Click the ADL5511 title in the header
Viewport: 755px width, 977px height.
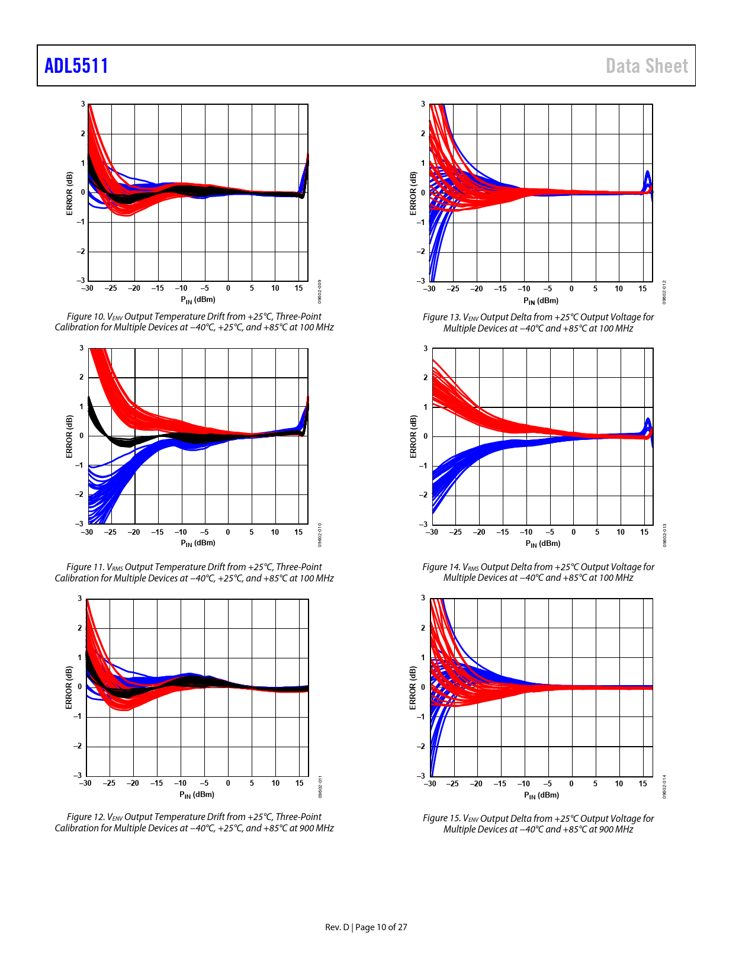(76, 66)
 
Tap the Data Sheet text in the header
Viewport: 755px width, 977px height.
(647, 66)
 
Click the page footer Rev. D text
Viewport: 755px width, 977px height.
(338, 927)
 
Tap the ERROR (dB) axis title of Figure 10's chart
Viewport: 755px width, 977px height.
(69, 193)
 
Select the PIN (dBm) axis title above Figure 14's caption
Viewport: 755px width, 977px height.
(542, 544)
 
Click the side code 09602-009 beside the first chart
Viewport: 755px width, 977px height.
(320, 292)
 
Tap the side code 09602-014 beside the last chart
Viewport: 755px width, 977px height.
(664, 786)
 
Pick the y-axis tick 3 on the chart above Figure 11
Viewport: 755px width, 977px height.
(82, 348)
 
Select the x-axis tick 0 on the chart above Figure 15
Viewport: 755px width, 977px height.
(571, 784)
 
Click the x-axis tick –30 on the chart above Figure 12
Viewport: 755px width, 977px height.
(86, 783)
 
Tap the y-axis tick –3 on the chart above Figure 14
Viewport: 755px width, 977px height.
(423, 525)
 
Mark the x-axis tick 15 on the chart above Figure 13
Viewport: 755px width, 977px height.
(642, 289)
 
